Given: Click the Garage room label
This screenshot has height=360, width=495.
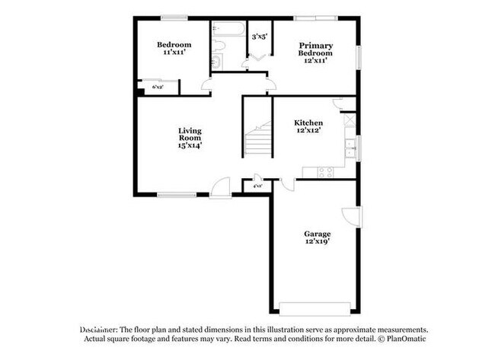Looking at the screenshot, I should [317, 234].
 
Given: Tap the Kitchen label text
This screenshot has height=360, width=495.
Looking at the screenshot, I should [308, 123].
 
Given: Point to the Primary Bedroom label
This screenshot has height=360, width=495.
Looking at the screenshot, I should [315, 49].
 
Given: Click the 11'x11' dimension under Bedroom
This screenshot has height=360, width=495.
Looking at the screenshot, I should [174, 53].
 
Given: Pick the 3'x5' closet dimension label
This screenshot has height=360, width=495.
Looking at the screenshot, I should [259, 36].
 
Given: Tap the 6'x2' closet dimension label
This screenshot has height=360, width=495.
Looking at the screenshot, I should [158, 88].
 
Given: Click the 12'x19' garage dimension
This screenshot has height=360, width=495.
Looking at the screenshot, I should [317, 243].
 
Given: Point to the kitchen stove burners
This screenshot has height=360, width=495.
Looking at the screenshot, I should [325, 171].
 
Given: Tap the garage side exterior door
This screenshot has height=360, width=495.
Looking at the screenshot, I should [350, 216].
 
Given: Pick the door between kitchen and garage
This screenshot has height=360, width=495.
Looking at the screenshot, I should [287, 183].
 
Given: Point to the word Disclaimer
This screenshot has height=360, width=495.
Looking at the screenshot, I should [98, 329].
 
